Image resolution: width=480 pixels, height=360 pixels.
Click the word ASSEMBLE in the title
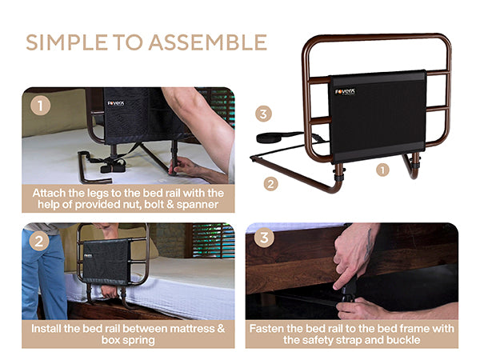(x=208, y=42)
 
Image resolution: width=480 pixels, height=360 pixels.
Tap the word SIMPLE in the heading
(x=66, y=42)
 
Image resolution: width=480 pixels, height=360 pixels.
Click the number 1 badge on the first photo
(x=41, y=106)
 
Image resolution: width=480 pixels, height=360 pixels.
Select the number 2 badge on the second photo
(x=39, y=242)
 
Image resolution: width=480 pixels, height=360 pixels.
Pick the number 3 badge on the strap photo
(x=264, y=238)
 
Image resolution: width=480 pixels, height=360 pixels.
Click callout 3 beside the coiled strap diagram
(x=263, y=114)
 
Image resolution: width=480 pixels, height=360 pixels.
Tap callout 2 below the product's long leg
(x=270, y=184)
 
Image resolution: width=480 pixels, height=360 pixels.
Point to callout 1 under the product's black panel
(x=382, y=170)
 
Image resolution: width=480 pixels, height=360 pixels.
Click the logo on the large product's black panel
(x=346, y=91)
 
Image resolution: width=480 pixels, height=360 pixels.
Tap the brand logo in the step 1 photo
(x=116, y=103)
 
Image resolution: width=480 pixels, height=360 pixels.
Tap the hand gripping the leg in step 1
(x=185, y=167)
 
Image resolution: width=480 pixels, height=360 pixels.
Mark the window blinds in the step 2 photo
(x=214, y=241)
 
